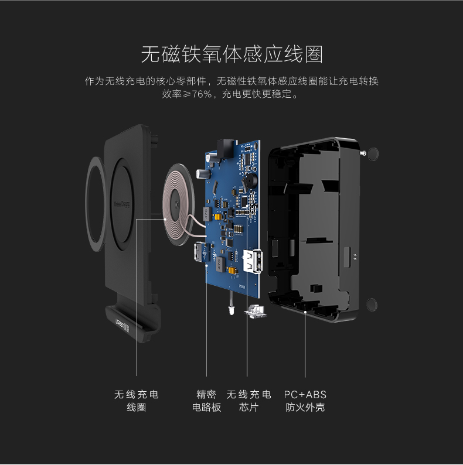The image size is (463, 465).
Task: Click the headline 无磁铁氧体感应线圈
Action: [231, 55]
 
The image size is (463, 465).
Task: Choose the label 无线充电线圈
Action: [137, 401]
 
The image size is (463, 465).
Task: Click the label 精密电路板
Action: [207, 401]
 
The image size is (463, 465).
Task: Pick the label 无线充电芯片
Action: [248, 401]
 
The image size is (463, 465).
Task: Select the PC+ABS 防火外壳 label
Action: [305, 401]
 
